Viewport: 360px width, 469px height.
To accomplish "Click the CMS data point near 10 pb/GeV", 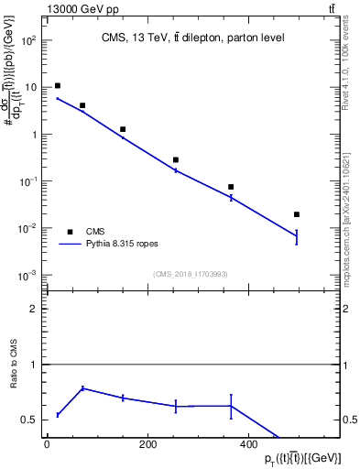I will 58,85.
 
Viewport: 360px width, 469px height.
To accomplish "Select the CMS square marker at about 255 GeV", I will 176,159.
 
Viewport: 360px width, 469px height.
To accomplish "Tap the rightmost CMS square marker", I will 296,214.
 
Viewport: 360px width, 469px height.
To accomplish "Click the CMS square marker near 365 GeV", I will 231,187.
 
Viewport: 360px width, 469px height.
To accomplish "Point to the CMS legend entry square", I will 68,232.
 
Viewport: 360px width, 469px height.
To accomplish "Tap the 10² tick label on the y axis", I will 30,40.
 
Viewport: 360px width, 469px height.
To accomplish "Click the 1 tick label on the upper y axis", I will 34,134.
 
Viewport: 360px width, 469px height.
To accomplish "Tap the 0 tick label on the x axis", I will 47,445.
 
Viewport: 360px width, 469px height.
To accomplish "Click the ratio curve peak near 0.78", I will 83,388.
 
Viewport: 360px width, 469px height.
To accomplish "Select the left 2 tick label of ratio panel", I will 34,309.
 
